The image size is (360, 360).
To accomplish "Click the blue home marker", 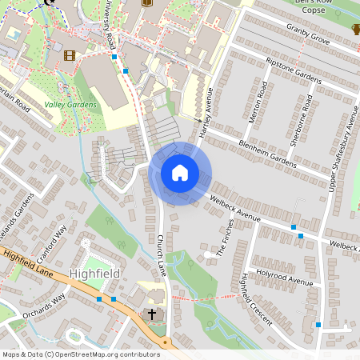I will [180, 173].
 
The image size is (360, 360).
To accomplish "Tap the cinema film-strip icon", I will [70, 55].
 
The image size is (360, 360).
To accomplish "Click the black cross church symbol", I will [152, 314].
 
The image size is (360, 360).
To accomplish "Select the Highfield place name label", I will [95, 273].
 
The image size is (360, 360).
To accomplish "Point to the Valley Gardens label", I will [70, 104].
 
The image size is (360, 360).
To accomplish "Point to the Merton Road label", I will [255, 106].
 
